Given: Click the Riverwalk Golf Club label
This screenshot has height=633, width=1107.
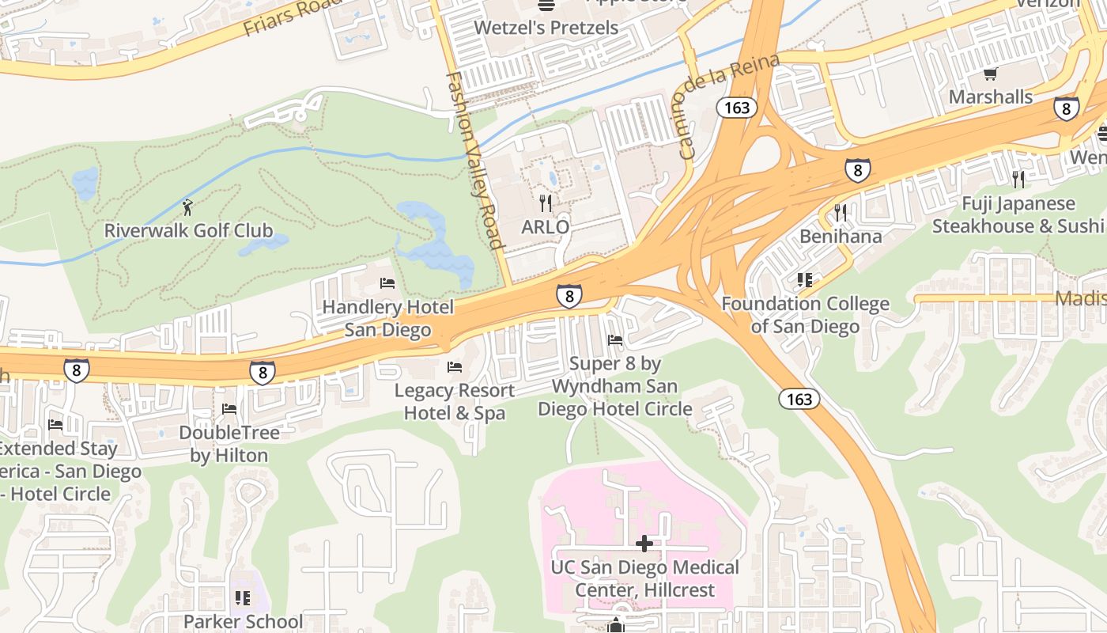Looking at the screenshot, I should coord(188,231).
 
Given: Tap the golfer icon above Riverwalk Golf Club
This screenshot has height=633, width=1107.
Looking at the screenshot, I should coord(187,207).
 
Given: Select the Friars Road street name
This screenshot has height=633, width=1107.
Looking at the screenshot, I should coord(293,17).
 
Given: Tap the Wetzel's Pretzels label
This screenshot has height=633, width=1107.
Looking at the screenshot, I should coord(546,28).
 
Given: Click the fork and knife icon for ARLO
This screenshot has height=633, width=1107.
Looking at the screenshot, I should coord(546,203).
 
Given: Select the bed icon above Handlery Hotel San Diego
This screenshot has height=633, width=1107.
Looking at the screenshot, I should coord(387,282).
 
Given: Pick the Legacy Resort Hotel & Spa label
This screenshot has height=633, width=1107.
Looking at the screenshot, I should coord(455,401).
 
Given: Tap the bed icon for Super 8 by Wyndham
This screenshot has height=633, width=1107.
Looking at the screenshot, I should coord(614,340).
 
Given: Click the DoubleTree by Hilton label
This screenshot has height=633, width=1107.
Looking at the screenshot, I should coord(229,444).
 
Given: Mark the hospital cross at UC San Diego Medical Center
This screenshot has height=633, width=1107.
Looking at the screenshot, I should coord(644,544).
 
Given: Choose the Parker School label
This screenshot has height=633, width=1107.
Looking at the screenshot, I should coord(243,621).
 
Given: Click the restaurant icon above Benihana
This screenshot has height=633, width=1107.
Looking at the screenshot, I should coord(840,212).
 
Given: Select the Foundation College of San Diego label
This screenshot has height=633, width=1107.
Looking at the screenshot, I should coord(805,315).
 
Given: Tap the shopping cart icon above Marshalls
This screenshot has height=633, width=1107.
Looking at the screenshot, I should coord(990,74).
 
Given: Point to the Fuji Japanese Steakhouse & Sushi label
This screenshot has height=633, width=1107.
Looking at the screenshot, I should coord(1018,215).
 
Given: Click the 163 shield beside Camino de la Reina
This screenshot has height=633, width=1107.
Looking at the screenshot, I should coord(737,108).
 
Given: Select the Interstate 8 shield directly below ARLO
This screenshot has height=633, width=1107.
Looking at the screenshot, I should coord(569,295).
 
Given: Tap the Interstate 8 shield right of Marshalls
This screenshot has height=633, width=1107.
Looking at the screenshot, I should coord(1066,108).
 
